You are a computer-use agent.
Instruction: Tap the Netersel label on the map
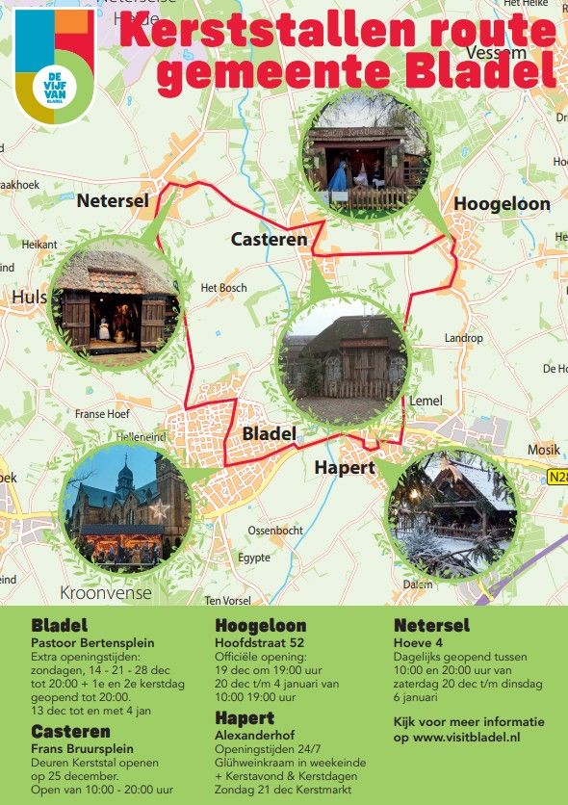(x=113, y=201)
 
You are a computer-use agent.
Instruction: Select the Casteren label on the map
(x=270, y=240)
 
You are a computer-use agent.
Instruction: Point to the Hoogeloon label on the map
(x=502, y=204)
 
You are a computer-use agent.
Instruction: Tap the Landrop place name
(x=463, y=338)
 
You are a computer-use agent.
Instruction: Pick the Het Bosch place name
(x=223, y=288)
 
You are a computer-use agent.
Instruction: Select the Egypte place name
(x=255, y=558)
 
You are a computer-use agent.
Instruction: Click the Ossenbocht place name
(x=275, y=531)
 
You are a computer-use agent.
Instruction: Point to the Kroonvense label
(x=106, y=592)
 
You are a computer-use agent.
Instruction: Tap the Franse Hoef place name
(x=103, y=414)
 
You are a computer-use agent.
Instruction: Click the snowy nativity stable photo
(x=451, y=507)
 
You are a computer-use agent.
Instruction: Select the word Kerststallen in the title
(x=252, y=32)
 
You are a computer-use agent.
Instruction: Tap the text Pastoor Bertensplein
(x=92, y=643)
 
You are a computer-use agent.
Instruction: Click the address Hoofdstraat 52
(x=260, y=643)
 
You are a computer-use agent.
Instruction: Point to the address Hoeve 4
(x=419, y=643)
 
